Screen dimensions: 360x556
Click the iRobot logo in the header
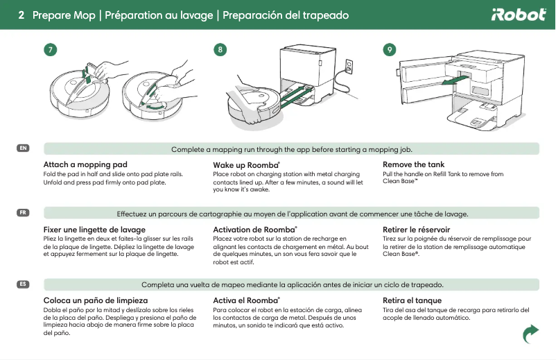[x=519, y=15]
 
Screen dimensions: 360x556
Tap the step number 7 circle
[x=49, y=50]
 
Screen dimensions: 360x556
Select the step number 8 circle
[x=220, y=50]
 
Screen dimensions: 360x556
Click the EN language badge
[x=24, y=148]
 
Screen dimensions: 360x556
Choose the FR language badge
[x=24, y=212]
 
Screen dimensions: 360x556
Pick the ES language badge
[x=24, y=284]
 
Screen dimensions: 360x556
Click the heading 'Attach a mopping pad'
[x=85, y=164]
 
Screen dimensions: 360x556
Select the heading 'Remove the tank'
[x=413, y=164]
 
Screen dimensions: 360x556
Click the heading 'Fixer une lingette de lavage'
[x=94, y=229]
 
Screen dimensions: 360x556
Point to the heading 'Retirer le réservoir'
[x=416, y=229]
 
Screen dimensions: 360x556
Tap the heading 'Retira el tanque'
[x=412, y=300]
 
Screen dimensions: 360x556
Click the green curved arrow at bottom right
[x=530, y=334]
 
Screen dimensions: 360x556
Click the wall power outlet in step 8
[x=349, y=67]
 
